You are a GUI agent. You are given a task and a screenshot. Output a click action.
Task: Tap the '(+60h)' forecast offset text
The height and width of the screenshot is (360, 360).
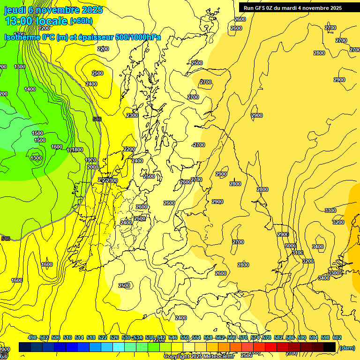pos(81,21)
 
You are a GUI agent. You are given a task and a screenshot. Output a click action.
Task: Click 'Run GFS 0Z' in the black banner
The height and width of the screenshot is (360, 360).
pos(261,8)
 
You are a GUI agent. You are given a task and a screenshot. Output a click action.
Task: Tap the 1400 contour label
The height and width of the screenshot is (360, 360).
pos(30,89)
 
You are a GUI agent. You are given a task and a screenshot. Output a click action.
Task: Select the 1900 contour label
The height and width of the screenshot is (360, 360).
pos(91,160)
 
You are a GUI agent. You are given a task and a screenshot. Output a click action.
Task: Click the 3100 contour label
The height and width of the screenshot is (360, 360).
pos(298,253)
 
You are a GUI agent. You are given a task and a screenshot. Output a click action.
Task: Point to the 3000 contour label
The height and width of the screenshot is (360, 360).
pos(290,246)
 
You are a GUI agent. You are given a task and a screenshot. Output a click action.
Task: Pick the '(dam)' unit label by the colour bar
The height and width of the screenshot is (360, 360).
pos(346,347)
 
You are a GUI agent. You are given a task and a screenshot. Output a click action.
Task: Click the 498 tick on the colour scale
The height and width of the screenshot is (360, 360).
pos(32,337)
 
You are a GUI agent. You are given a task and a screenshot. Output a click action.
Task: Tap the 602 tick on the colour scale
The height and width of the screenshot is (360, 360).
pos(337,337)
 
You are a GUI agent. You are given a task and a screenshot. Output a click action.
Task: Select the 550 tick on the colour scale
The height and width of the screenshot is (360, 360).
pos(185,337)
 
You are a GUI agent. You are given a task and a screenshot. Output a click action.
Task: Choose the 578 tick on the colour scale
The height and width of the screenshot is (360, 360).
pos(267,337)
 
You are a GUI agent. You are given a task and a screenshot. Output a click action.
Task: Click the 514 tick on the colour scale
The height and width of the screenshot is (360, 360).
pos(79,337)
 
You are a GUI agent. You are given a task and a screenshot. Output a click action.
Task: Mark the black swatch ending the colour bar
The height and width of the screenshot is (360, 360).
pos(330,347)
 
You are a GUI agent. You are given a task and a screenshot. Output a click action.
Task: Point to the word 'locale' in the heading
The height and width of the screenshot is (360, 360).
pos(52,21)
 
